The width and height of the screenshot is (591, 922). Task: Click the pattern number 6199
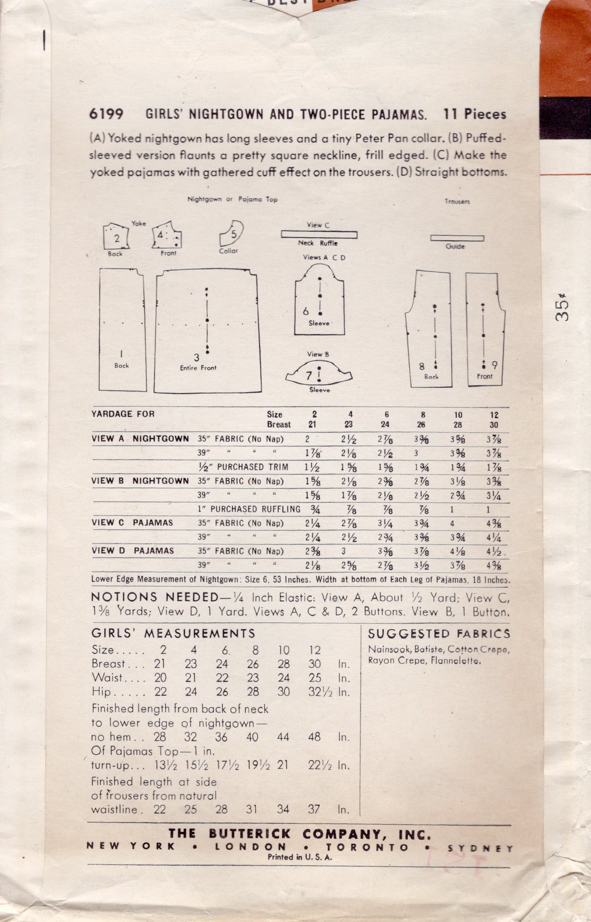point(106,114)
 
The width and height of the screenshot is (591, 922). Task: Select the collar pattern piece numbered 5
point(232,233)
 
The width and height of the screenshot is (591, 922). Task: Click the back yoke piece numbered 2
point(116,237)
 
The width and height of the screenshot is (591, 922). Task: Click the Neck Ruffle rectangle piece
point(319,234)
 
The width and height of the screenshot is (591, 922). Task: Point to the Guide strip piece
point(457,238)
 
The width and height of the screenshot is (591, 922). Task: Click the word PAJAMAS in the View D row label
point(154,551)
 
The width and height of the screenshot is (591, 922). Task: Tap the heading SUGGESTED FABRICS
point(439,634)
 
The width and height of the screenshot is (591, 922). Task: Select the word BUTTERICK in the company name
point(250,834)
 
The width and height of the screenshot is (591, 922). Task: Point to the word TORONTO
point(368,847)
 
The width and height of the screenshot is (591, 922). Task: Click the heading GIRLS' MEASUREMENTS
point(173,634)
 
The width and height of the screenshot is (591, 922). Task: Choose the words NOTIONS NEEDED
point(155,597)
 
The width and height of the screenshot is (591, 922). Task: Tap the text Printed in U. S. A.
point(299,857)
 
